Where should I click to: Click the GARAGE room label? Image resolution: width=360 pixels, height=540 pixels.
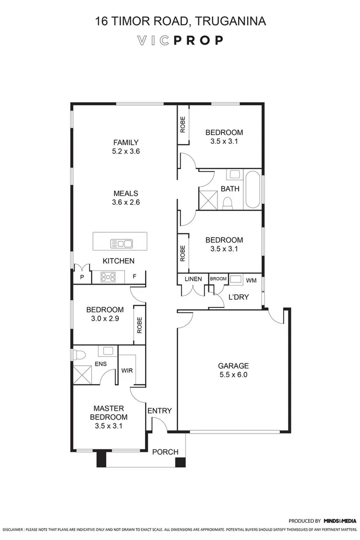click(x=232, y=365)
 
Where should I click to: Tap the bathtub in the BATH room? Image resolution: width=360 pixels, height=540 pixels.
click(x=253, y=189)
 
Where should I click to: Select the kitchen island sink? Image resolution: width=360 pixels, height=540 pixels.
click(x=121, y=243)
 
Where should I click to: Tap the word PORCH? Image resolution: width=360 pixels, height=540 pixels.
click(x=165, y=451)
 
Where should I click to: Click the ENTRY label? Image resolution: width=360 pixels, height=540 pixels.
click(x=159, y=411)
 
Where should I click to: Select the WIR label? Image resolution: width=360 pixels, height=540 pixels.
click(x=127, y=370)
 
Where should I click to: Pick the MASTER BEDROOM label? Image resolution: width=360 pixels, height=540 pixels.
click(x=109, y=413)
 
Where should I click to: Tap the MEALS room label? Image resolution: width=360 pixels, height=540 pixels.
click(x=126, y=193)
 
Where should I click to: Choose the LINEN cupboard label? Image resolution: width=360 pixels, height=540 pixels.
click(x=193, y=279)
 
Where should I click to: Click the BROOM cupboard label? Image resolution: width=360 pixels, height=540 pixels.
click(x=218, y=279)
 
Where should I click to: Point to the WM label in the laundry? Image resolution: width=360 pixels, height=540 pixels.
click(x=251, y=281)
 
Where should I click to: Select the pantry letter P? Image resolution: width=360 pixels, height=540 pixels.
click(x=82, y=276)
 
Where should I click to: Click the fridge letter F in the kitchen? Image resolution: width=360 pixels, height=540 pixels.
click(x=134, y=277)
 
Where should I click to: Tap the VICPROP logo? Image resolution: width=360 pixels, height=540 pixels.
click(x=180, y=40)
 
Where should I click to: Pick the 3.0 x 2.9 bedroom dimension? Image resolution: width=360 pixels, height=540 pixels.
click(x=105, y=319)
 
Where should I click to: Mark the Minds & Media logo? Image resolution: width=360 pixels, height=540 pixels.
click(x=340, y=521)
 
